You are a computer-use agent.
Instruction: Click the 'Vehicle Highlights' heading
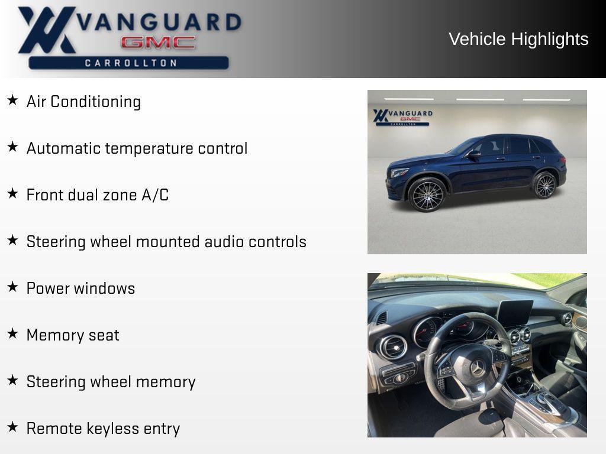tap(518, 39)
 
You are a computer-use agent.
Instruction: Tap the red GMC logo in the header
tap(158, 43)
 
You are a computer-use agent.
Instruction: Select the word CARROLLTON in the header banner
tap(131, 63)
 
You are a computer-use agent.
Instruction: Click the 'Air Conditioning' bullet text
tap(83, 102)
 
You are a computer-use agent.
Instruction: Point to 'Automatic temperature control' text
tap(137, 148)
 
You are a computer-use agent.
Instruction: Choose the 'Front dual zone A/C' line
tap(98, 195)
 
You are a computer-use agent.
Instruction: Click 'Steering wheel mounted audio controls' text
tap(166, 242)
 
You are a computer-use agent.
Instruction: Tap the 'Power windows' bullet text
tap(80, 288)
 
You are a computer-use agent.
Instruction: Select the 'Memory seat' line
tap(73, 335)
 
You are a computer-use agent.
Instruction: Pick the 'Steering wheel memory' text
tap(111, 382)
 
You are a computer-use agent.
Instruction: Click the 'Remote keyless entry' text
tap(103, 429)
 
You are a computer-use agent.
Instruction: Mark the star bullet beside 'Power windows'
tap(12, 287)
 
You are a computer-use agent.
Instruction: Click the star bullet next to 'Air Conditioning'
tap(12, 100)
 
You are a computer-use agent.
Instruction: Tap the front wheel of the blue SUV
tap(427, 194)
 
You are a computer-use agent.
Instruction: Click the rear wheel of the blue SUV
tap(544, 185)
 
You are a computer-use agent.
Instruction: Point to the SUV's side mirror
tap(473, 154)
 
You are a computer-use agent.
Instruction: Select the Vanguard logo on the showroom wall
tap(402, 116)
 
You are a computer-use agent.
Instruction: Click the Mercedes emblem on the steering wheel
tap(477, 368)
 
